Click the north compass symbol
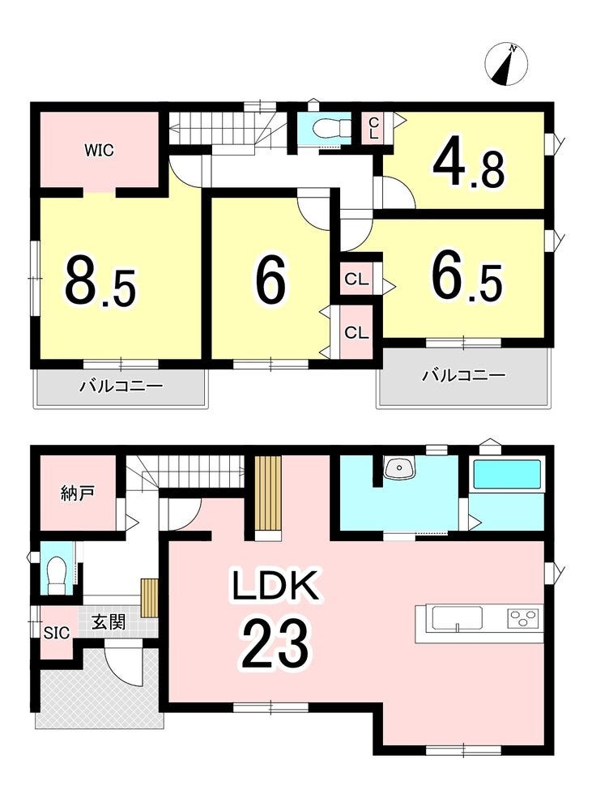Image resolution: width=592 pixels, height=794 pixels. tap(506, 65)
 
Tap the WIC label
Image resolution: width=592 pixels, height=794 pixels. tap(99, 151)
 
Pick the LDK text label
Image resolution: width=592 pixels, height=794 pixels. tap(275, 585)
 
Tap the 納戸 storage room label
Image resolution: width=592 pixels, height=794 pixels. tap(78, 493)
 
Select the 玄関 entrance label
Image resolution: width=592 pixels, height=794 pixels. tap(109, 621)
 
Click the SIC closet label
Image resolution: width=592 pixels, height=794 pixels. tap(56, 633)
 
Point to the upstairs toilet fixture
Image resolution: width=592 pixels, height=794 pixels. tap(332, 128)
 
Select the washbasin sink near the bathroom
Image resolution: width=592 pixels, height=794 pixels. tap(399, 468)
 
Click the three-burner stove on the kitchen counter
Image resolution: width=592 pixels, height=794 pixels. tap(522, 619)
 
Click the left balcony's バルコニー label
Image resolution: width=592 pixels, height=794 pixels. tap(121, 386)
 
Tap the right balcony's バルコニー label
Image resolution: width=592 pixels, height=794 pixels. tap(465, 375)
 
